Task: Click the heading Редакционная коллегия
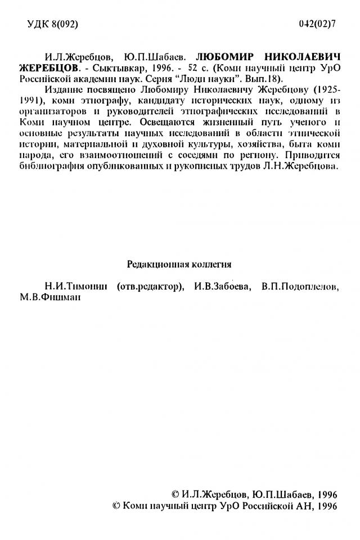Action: click(x=179, y=263)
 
